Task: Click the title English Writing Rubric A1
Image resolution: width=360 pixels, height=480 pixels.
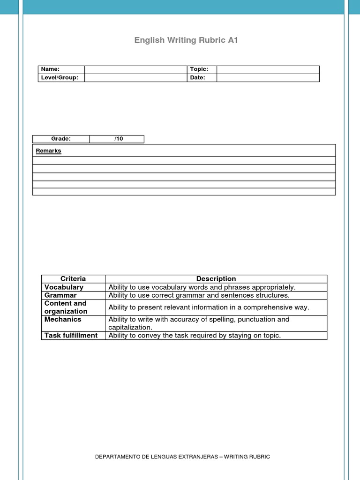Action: tap(186, 40)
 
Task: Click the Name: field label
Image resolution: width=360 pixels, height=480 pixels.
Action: tap(51, 69)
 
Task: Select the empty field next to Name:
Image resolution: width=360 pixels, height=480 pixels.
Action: tap(136, 69)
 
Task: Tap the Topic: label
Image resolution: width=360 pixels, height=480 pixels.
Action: tap(199, 69)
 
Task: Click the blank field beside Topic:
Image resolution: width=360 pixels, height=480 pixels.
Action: tap(268, 69)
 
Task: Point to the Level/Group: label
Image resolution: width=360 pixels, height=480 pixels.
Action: tap(60, 78)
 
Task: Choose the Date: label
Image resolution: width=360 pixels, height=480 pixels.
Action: tap(197, 78)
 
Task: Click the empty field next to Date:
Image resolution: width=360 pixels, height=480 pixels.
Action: tap(268, 78)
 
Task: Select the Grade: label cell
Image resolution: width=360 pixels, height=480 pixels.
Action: tap(61, 139)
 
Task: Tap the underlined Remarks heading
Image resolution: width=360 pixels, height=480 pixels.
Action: tap(49, 151)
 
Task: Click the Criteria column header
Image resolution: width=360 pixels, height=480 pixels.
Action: tap(73, 279)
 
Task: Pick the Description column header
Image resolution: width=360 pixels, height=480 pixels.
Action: tap(216, 279)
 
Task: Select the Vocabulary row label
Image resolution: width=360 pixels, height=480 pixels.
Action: tap(64, 287)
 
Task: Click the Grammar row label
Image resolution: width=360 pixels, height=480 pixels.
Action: tap(60, 295)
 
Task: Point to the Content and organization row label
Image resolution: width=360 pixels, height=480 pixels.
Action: tap(66, 307)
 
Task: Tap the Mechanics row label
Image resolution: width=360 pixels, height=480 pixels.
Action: tap(63, 320)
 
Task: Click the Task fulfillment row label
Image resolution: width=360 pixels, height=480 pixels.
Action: tap(71, 336)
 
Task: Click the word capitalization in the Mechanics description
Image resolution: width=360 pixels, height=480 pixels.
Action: tap(130, 328)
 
